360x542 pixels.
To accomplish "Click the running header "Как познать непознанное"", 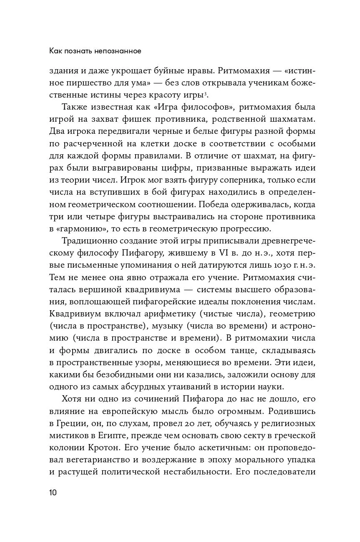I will (x=96, y=51).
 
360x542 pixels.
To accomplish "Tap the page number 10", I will (x=53, y=492).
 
